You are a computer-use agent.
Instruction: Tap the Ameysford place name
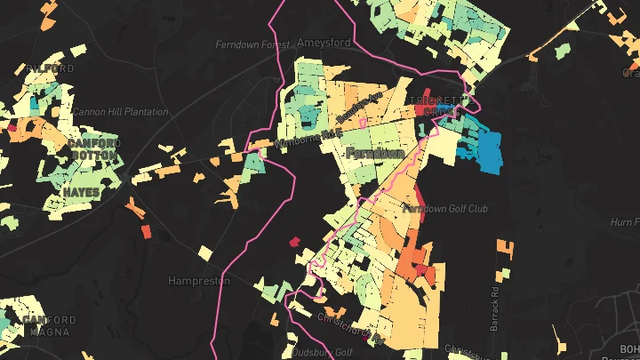click(324, 42)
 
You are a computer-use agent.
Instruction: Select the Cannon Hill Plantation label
click(120, 112)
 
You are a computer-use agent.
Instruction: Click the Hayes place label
click(81, 191)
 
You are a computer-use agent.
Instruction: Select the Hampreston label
click(199, 280)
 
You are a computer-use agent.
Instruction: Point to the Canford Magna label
click(44, 325)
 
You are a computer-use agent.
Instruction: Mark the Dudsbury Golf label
click(322, 351)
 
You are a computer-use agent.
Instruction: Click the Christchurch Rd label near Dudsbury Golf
click(351, 327)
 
